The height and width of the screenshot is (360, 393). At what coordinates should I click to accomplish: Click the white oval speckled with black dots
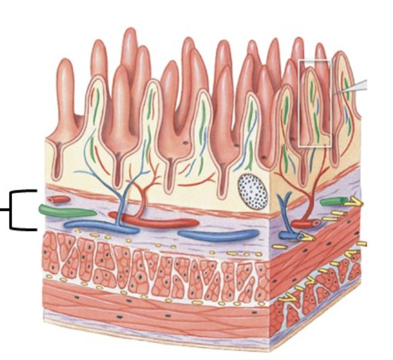252,192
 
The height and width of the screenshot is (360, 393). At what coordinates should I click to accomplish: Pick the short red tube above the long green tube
59,199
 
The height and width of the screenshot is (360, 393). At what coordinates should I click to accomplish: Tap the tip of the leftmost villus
65,64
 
